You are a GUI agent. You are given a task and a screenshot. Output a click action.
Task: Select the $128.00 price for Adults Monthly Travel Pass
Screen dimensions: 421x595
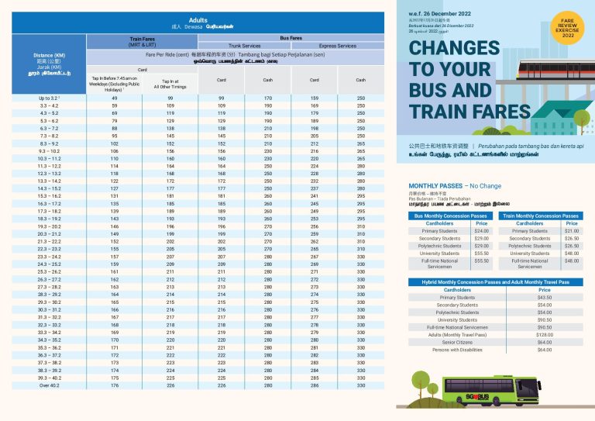click(x=544, y=334)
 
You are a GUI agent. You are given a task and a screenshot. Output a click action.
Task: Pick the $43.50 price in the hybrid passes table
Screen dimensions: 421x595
click(x=544, y=297)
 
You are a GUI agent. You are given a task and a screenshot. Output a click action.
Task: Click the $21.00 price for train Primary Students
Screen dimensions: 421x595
click(x=571, y=231)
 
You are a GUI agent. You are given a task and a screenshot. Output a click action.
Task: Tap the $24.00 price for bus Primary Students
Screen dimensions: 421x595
click(x=481, y=231)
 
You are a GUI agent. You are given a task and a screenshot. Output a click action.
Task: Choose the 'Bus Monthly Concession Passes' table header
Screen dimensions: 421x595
click(x=451, y=216)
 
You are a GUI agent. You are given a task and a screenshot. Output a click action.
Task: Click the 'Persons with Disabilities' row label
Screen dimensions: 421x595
click(x=457, y=350)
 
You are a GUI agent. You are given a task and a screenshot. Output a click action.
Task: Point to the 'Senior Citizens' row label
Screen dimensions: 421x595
click(x=457, y=342)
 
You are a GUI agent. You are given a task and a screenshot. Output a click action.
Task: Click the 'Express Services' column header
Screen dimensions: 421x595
click(x=337, y=46)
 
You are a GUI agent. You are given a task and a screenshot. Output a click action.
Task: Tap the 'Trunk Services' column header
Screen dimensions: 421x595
click(x=245, y=46)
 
